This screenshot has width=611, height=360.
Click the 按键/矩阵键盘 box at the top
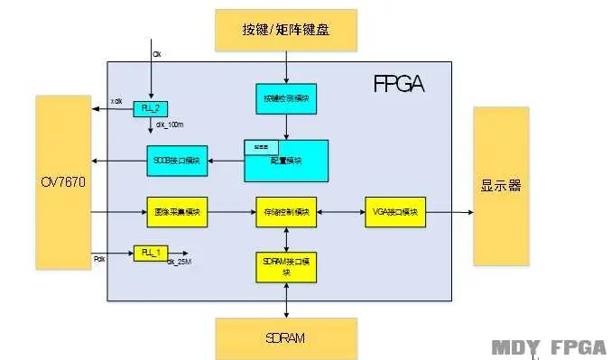coord(285,30)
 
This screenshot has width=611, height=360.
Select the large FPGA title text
coord(398,85)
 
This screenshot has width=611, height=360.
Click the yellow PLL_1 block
coord(151,252)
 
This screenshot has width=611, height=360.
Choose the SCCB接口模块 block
coord(177,162)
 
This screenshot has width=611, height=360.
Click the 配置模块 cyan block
coord(286,161)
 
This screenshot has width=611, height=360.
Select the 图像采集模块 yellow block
coord(177,213)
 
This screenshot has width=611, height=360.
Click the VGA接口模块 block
coord(395,213)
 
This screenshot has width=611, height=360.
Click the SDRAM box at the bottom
coord(285,338)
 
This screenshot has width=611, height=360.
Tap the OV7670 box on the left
coord(62,183)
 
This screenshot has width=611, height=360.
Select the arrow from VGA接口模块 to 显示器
coord(449,213)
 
